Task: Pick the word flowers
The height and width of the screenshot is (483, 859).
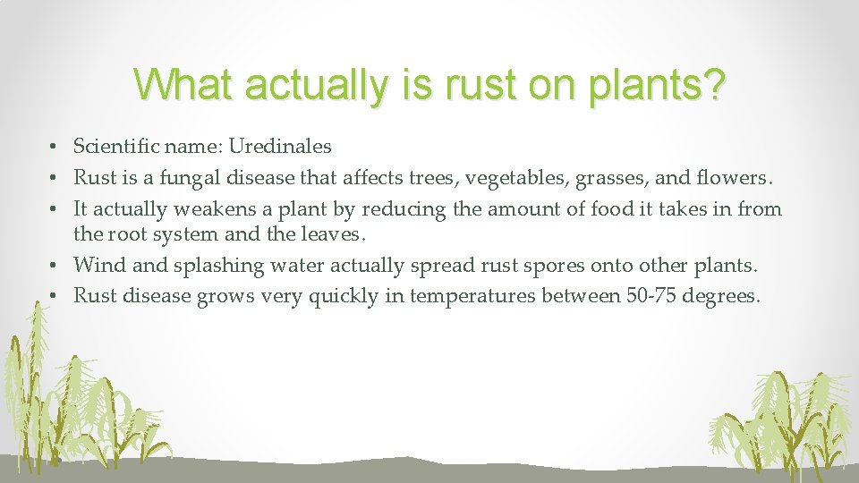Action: click(732, 178)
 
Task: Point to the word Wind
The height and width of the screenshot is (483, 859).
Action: click(97, 265)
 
